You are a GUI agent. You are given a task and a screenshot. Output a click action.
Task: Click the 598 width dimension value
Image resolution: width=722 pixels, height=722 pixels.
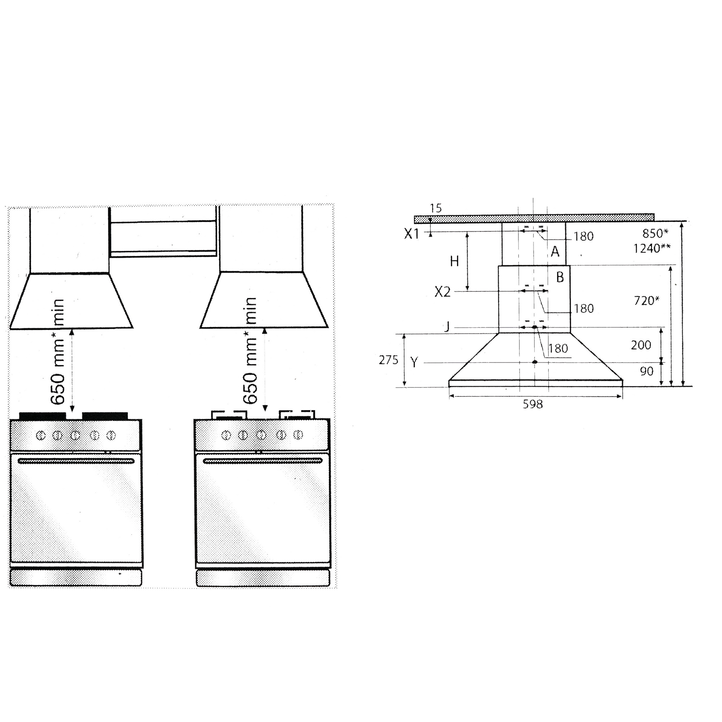point(532,404)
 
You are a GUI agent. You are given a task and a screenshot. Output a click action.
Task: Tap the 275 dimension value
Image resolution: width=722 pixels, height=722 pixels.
point(388,360)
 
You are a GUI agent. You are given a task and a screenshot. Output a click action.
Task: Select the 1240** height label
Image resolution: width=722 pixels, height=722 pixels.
point(652,248)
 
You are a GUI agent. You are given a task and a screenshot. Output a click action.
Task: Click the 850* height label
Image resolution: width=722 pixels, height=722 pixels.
point(655,233)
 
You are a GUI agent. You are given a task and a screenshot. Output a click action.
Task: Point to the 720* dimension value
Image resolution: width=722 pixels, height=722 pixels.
point(647,300)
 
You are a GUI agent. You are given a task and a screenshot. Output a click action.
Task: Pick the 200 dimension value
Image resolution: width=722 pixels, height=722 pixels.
point(641,345)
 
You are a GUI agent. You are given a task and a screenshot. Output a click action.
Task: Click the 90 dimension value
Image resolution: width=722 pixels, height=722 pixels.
point(647,371)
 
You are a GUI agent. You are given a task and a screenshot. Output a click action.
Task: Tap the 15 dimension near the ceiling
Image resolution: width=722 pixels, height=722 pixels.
point(435,208)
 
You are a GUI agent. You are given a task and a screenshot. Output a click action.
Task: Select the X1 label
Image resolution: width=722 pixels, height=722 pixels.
point(412,234)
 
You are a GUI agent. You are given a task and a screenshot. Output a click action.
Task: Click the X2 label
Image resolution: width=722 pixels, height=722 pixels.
point(442,292)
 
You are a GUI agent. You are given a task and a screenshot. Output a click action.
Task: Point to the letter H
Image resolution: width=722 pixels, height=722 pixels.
point(454,262)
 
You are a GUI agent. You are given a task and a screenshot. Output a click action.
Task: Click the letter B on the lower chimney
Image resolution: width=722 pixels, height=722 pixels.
point(560,277)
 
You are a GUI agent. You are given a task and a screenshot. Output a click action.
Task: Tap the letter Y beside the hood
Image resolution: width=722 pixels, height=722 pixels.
point(414,362)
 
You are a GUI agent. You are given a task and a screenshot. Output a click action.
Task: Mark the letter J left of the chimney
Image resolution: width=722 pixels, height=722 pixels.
point(447,327)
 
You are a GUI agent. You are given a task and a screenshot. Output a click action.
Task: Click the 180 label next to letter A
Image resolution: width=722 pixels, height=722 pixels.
point(583,236)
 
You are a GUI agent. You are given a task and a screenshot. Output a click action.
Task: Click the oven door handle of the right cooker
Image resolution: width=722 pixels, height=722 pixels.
point(262,461)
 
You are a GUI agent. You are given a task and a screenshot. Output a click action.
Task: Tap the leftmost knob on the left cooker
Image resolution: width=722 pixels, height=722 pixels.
point(41,435)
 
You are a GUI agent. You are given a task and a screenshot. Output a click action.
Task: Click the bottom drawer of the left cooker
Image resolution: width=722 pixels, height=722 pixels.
point(76,578)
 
